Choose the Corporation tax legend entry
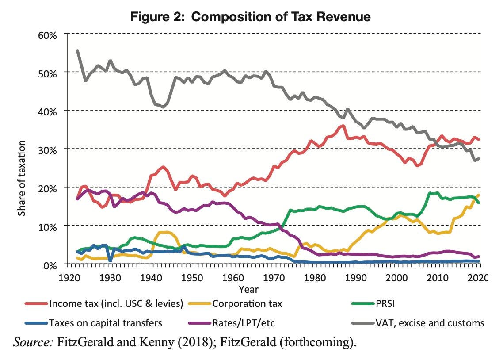[247, 304]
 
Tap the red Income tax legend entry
[114, 304]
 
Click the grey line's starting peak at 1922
[78, 51]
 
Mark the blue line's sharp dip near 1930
[110, 260]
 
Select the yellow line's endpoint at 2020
[479, 195]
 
